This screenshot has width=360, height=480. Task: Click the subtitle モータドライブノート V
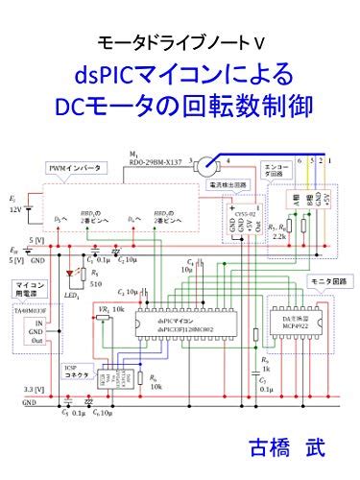click(x=180, y=42)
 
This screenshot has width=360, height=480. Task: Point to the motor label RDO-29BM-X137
click(x=154, y=161)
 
